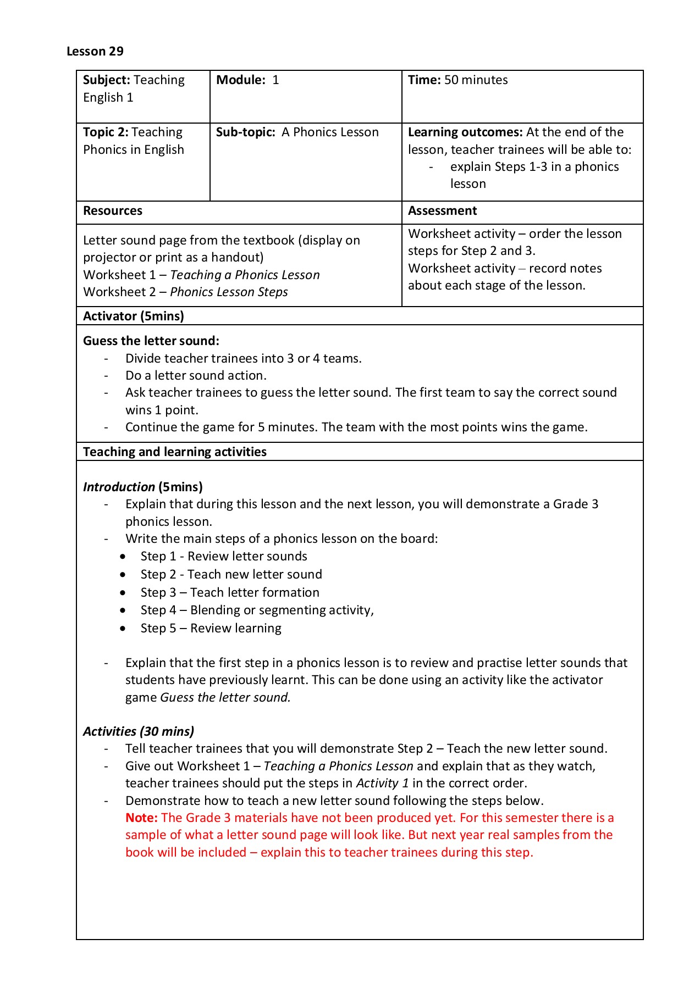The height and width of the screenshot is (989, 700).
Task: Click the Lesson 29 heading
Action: (95, 51)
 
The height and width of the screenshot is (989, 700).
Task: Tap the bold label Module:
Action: (240, 80)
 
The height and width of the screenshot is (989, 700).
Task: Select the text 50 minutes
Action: (476, 80)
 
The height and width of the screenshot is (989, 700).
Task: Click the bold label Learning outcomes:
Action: (465, 132)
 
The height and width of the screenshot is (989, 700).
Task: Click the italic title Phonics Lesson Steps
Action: (229, 292)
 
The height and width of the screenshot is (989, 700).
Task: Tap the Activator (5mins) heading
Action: (134, 316)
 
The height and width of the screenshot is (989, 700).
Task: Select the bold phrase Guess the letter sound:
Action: (151, 341)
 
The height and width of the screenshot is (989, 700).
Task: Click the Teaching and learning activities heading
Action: (175, 452)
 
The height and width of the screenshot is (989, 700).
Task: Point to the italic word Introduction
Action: (119, 487)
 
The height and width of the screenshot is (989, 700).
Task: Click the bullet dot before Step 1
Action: (123, 557)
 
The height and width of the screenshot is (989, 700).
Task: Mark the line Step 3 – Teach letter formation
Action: (230, 592)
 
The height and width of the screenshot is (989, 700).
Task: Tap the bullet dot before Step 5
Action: (123, 628)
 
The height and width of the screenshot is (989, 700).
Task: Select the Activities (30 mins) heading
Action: (139, 731)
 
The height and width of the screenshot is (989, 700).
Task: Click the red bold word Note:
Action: (141, 818)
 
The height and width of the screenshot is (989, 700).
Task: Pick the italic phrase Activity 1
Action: (382, 783)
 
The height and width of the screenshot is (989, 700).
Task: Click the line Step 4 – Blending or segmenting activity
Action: (257, 610)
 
